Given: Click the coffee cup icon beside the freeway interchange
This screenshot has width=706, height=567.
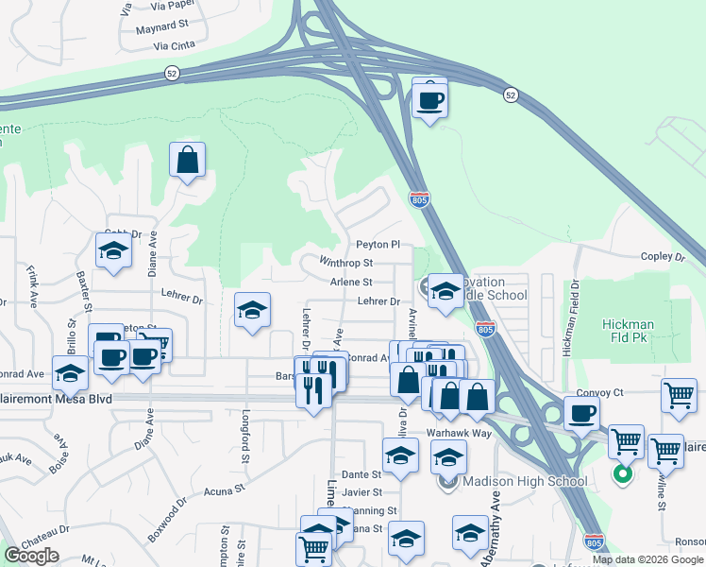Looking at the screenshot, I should pyautogui.click(x=429, y=98).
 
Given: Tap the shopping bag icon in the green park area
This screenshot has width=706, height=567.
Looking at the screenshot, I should pyautogui.click(x=188, y=160).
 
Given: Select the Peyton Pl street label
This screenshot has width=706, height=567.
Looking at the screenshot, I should pyautogui.click(x=378, y=245).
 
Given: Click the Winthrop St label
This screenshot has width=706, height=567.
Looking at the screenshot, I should pyautogui.click(x=346, y=263).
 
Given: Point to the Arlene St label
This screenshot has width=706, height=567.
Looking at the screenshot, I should pyautogui.click(x=351, y=282).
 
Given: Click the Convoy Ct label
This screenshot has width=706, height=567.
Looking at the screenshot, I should pyautogui.click(x=605, y=392).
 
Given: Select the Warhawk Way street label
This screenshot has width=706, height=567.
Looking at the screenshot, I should pyautogui.click(x=459, y=432).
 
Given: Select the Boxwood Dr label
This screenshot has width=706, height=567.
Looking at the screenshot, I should pyautogui.click(x=168, y=518).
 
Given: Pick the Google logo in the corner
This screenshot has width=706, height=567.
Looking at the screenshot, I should pyautogui.click(x=31, y=556).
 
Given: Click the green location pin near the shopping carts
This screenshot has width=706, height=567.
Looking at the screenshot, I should pyautogui.click(x=622, y=473).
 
